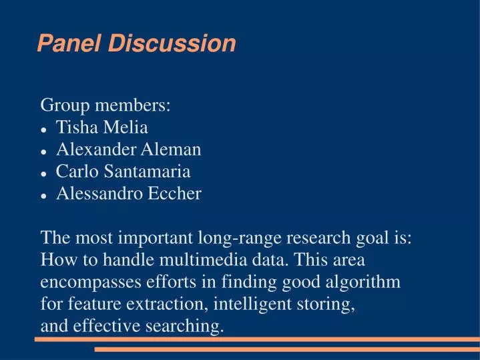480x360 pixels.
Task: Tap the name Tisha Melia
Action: point(102,127)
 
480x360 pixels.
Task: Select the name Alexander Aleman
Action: point(129,150)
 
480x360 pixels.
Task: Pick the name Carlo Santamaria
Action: point(124,172)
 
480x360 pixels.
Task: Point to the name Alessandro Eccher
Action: point(129,194)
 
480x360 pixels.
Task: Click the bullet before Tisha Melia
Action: point(44,128)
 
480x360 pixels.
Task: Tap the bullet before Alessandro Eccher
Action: point(44,195)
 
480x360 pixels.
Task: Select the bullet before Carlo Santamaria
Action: point(44,173)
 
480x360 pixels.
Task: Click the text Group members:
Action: point(105,105)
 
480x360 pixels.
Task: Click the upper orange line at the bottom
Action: point(257,339)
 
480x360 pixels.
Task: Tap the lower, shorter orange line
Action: point(287,349)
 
